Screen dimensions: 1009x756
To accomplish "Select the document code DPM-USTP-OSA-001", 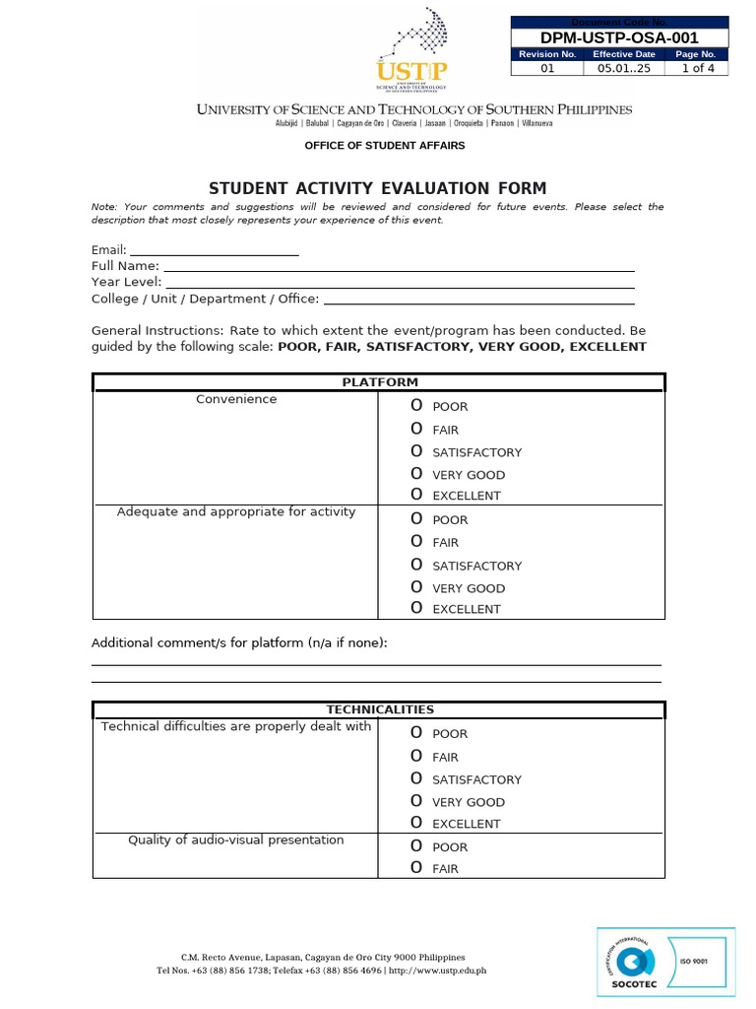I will pos(620,37).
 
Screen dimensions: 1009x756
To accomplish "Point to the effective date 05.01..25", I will pos(624,69).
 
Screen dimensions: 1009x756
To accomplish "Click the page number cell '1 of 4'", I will pos(696,69).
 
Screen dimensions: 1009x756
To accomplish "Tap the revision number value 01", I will pos(548,69).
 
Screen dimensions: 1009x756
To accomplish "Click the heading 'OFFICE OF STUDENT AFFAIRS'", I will pos(385,146).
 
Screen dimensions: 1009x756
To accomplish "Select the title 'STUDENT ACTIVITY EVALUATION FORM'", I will pos(377,188).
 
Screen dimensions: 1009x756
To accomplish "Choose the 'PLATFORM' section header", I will pos(379,382).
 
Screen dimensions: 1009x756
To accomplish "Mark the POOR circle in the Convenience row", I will pos(416,406).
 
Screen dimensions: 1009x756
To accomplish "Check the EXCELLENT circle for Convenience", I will pos(416,495).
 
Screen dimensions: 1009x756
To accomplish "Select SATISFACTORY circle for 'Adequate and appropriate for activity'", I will pos(416,565).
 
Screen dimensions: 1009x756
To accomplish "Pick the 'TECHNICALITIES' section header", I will pos(379,709).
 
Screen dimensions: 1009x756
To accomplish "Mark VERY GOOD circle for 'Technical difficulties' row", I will pos(416,801).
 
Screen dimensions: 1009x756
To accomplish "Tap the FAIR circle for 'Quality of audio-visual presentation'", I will pos(416,868).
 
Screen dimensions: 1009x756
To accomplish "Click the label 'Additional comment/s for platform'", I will pos(239,642).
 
